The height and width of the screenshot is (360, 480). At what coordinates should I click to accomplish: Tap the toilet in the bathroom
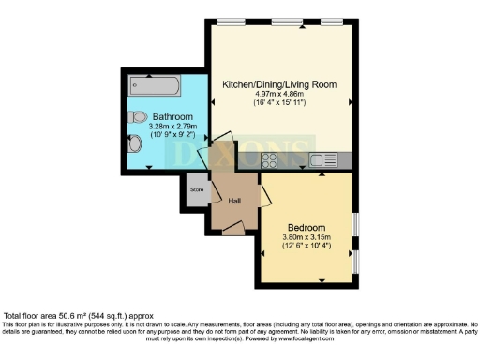(x=138, y=119)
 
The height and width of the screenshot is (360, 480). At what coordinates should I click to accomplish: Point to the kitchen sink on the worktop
(x=322, y=158)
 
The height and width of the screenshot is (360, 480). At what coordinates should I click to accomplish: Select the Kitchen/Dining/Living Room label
(x=279, y=84)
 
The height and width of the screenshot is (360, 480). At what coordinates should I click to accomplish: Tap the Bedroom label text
(x=307, y=228)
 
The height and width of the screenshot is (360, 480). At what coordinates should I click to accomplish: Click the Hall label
(x=234, y=199)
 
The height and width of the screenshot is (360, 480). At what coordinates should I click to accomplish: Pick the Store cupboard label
(x=197, y=189)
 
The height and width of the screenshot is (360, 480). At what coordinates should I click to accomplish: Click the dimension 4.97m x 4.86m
(x=279, y=94)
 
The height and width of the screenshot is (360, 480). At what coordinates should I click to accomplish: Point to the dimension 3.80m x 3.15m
(x=307, y=238)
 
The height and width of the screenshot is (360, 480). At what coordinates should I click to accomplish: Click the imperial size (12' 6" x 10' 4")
(x=307, y=247)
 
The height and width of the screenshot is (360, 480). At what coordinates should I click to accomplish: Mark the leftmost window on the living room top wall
(x=232, y=22)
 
